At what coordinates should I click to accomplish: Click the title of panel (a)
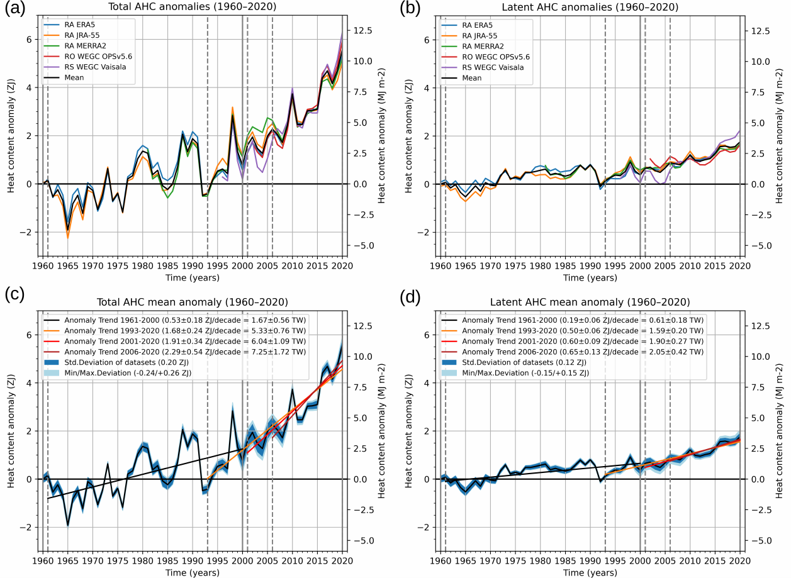click(192, 8)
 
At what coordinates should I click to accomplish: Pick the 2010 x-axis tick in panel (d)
click(690, 562)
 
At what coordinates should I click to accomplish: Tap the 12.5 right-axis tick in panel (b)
click(759, 30)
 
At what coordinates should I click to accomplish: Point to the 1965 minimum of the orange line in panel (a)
click(68, 237)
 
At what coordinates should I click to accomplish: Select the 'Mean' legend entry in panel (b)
click(471, 78)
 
